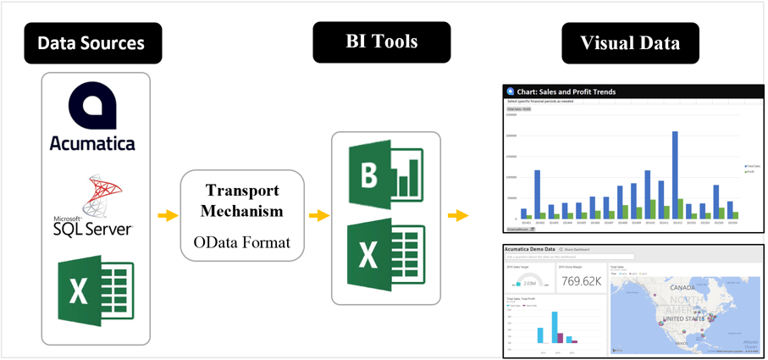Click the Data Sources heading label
coord(91,42)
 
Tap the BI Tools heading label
coord(382,42)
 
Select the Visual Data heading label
coord(630,42)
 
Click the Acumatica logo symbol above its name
coord(92,107)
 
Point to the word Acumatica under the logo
coord(92,143)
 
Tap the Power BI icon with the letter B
coord(386,175)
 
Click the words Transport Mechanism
coord(242,200)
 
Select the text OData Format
coord(242,242)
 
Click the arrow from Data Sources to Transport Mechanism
coord(169,216)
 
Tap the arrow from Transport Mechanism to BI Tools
coord(318,216)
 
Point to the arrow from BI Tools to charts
coord(458,216)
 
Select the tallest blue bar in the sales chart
coord(675,174)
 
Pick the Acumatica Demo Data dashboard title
coord(530,250)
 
